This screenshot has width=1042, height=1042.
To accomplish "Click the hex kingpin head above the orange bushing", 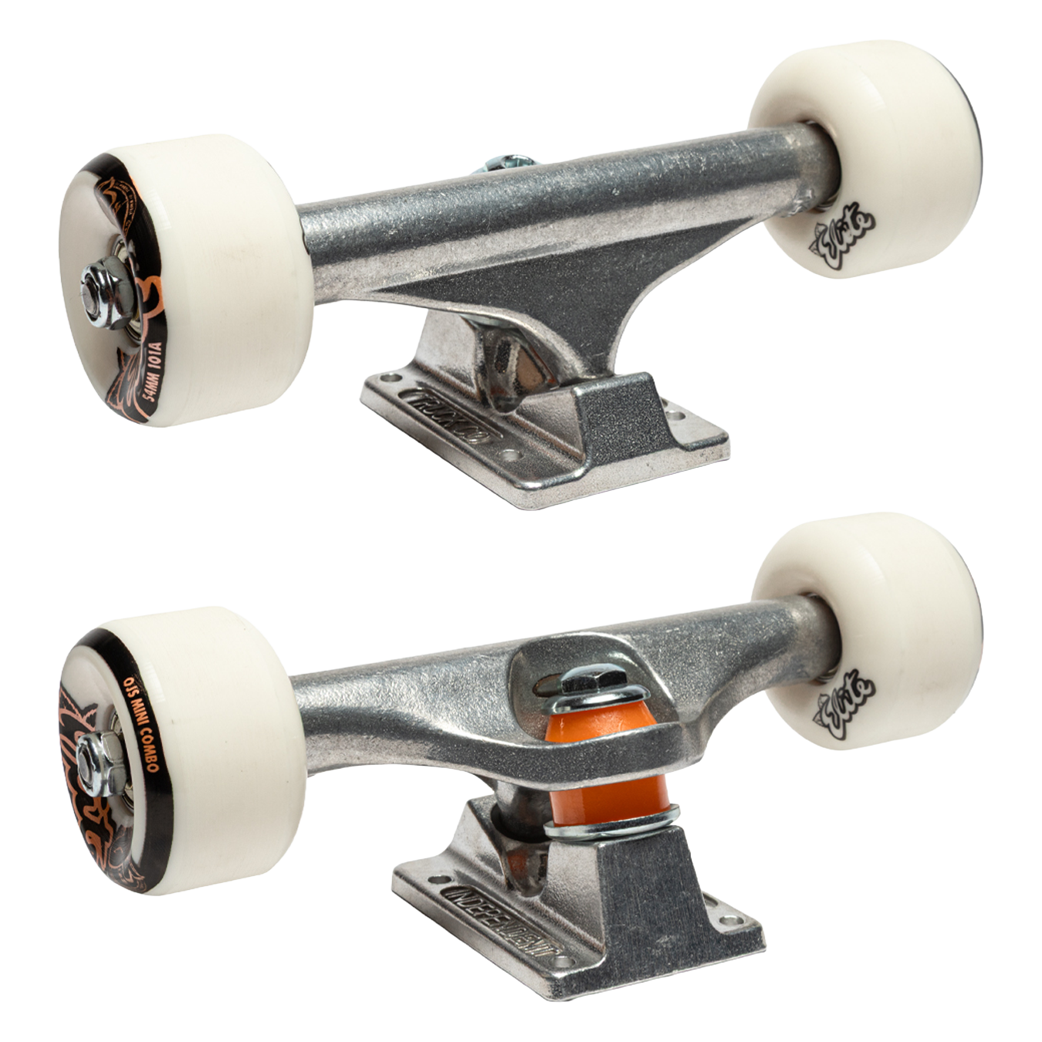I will (582, 680).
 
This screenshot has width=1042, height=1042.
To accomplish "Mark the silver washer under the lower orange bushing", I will (614, 829).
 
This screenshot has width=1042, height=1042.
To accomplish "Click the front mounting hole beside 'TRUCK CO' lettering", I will (509, 455).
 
